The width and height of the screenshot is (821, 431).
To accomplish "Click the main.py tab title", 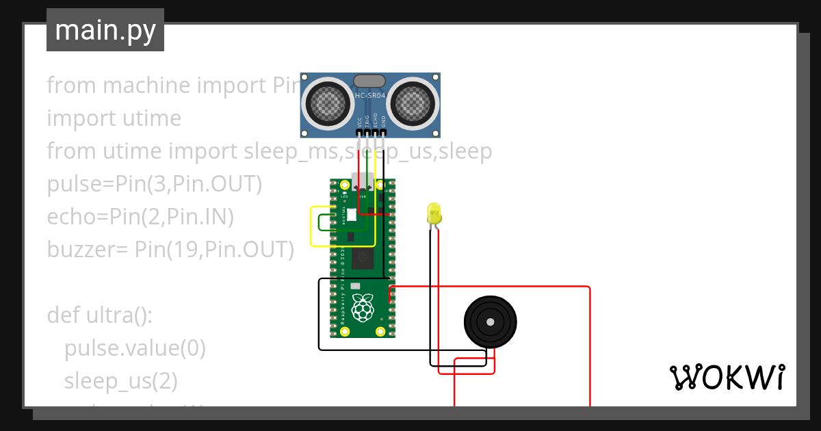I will (x=105, y=30).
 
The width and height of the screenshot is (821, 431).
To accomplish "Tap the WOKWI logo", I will (x=726, y=377).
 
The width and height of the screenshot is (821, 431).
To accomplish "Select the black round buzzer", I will (x=490, y=322).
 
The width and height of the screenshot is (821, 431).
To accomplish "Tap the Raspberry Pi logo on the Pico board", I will (x=363, y=308).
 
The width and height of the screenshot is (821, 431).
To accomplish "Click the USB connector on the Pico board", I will (x=363, y=183).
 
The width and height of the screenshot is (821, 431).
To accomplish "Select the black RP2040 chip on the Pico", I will (x=362, y=259).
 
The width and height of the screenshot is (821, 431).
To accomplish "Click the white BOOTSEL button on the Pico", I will (x=352, y=215).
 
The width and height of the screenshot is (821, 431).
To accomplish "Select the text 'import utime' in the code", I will (x=114, y=118).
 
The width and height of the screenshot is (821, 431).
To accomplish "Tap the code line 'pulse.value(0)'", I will (x=135, y=348).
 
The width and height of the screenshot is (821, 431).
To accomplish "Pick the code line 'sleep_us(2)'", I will (x=120, y=381).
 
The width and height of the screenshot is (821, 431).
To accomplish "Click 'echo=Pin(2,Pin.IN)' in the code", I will (x=140, y=217).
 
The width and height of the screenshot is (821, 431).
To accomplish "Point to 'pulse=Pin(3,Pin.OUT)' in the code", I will (x=154, y=184).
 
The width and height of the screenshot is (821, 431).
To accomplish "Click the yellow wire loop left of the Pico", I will (x=312, y=226).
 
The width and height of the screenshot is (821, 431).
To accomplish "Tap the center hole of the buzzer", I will (x=490, y=322).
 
